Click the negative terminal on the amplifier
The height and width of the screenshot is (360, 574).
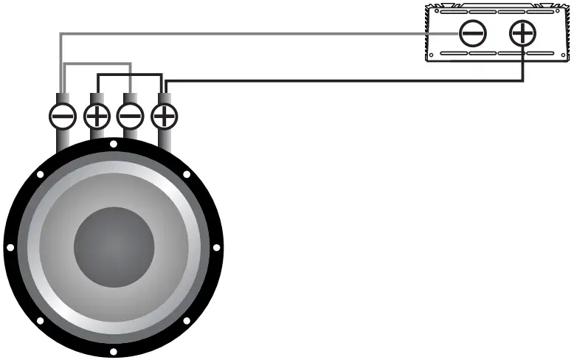[x=472, y=33]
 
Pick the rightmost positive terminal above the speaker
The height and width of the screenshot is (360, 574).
[x=165, y=116]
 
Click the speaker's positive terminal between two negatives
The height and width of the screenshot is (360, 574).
[x=97, y=116]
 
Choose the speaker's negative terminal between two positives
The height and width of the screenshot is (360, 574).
[x=131, y=116]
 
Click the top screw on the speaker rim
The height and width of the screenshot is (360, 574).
[x=113, y=144]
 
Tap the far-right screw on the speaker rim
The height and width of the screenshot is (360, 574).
[x=216, y=248]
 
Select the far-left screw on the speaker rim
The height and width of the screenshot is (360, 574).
[x=10, y=248]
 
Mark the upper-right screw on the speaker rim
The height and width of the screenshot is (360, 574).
[x=186, y=175]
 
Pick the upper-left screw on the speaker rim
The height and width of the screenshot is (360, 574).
[x=40, y=175]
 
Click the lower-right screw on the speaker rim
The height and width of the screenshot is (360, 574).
[x=186, y=320]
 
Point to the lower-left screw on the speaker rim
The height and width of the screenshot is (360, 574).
[x=40, y=320]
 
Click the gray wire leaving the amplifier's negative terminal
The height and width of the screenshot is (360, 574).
[x=258, y=33]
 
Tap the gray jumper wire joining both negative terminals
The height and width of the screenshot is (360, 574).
[x=96, y=64]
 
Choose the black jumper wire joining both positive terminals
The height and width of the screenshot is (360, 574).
[x=129, y=74]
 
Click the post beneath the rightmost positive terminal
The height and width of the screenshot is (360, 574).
[x=165, y=140]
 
